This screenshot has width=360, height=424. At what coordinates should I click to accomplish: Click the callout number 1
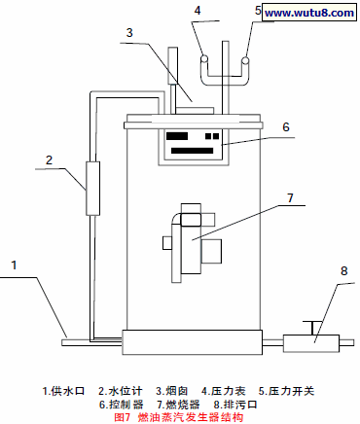(15, 264)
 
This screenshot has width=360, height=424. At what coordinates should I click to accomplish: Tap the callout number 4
(198, 12)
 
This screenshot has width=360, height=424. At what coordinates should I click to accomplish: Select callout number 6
(286, 126)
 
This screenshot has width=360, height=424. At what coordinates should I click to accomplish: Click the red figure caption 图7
(123, 416)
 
